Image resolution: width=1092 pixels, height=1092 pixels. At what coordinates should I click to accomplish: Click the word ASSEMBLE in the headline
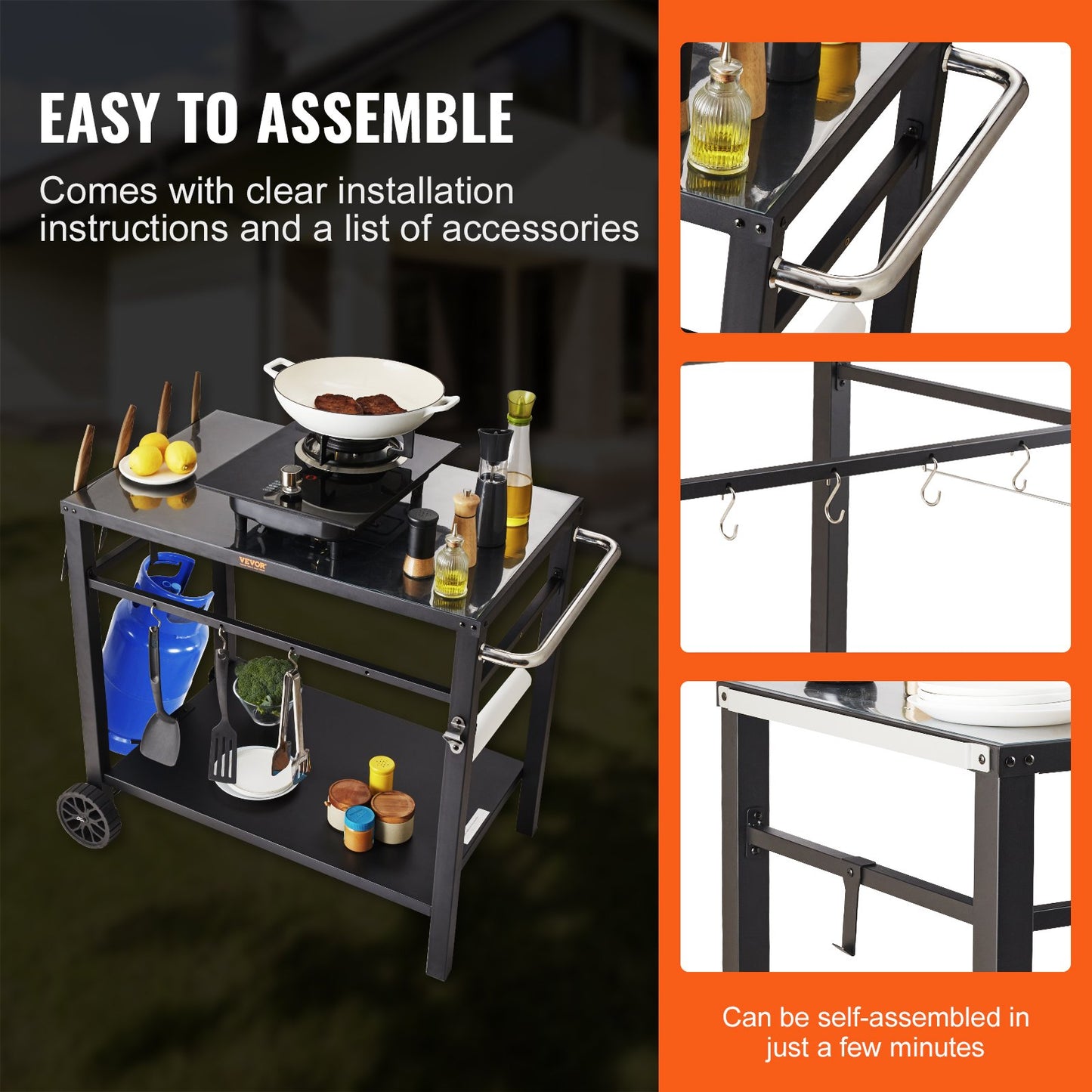coord(385,119)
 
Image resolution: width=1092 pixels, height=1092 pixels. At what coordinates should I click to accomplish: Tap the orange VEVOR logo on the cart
coord(253,561)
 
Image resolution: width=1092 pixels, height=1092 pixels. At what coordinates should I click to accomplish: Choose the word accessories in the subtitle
coord(540,229)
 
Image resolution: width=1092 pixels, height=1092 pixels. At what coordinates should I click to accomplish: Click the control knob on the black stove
coord(290,476)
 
